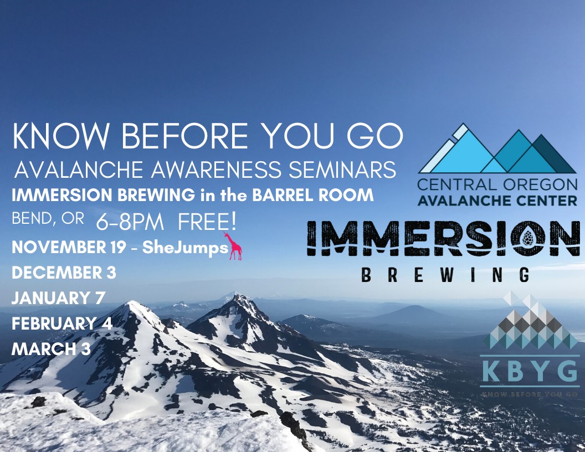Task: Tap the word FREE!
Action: (207, 223)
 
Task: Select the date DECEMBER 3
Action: (64, 273)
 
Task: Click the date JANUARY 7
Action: (58, 298)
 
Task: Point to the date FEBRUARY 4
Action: (62, 323)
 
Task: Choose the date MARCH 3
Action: (51, 349)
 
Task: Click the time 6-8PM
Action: (130, 223)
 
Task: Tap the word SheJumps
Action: (185, 248)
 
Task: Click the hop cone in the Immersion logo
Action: (528, 238)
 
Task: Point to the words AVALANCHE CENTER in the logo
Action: (497, 201)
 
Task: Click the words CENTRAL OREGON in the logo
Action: (497, 184)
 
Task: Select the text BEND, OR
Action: (48, 219)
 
